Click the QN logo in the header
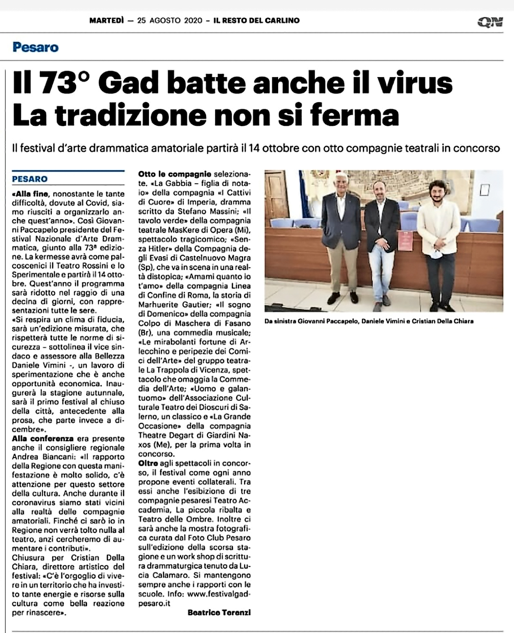(490, 22)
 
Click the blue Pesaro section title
(35, 47)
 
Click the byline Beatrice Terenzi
(219, 612)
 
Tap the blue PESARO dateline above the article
(30, 179)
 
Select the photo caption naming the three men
(369, 321)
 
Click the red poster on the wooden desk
(405, 240)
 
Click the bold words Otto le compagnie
(175, 174)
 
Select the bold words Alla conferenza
(43, 438)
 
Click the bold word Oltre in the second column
(148, 463)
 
